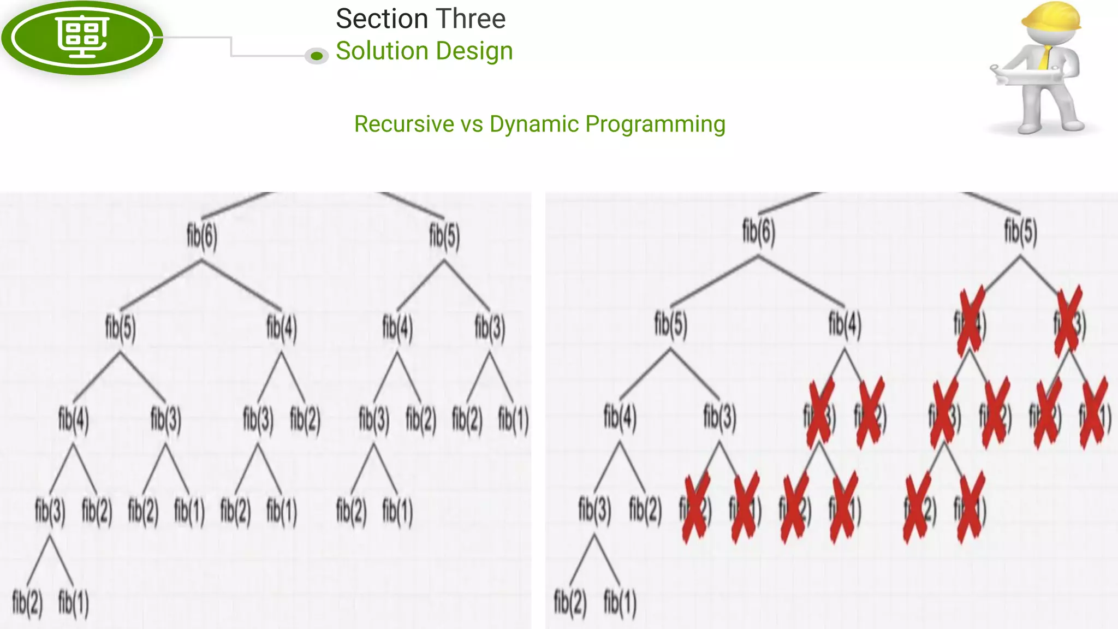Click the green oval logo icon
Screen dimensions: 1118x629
tap(82, 37)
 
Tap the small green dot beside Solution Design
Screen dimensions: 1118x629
tap(317, 56)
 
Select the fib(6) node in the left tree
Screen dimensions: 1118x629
tap(202, 236)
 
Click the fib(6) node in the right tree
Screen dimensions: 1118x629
tap(758, 231)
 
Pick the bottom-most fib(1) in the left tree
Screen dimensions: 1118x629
tap(73, 603)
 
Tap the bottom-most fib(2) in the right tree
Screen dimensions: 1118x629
tap(570, 603)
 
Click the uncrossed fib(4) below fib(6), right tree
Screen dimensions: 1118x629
tap(845, 323)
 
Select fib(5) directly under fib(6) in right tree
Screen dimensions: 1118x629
tap(671, 323)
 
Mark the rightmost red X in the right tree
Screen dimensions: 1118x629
tap(1094, 413)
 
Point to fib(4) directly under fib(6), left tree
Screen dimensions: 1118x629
tap(282, 328)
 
